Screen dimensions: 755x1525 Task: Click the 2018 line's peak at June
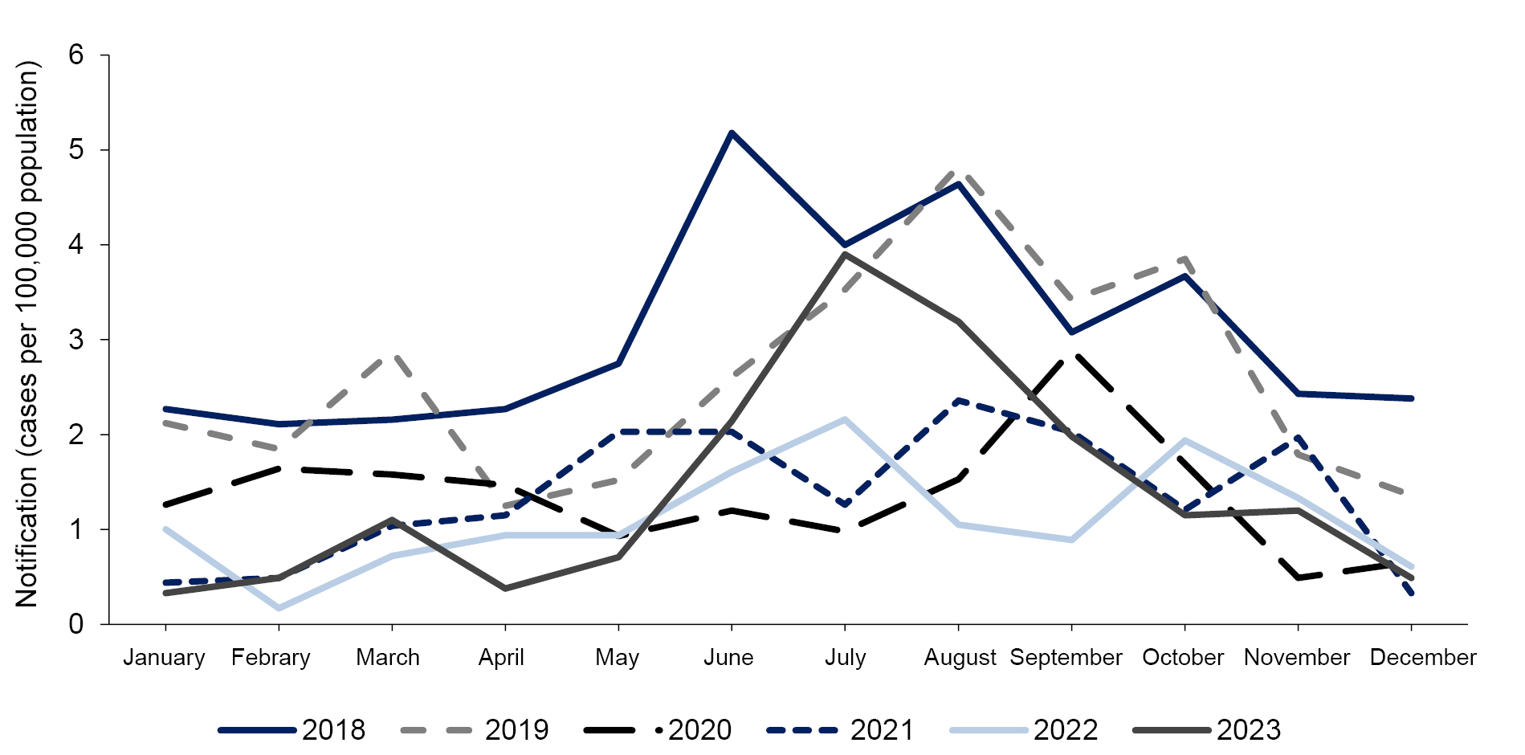[x=732, y=133]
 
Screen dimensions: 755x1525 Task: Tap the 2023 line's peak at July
[x=845, y=255]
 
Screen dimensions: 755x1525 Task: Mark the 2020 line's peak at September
[x=1071, y=354]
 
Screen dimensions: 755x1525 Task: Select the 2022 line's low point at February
[x=279, y=608]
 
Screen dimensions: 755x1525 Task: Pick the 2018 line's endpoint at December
[x=1411, y=398]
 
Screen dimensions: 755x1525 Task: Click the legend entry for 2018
[x=292, y=729]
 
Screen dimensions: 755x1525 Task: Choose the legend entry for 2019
[x=475, y=729]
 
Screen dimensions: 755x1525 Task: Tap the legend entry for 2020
[x=658, y=729]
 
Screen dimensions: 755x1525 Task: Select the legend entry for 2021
[x=840, y=729]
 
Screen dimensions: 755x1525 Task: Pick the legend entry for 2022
[x=1024, y=729]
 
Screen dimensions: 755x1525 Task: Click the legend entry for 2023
[x=1207, y=729]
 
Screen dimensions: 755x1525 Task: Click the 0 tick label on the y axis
[x=76, y=624]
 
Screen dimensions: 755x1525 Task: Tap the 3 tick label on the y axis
[x=76, y=340]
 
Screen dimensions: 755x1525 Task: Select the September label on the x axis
[x=1066, y=657]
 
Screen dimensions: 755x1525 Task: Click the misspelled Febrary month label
[x=271, y=657]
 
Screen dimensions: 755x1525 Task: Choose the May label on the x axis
[x=617, y=657]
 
